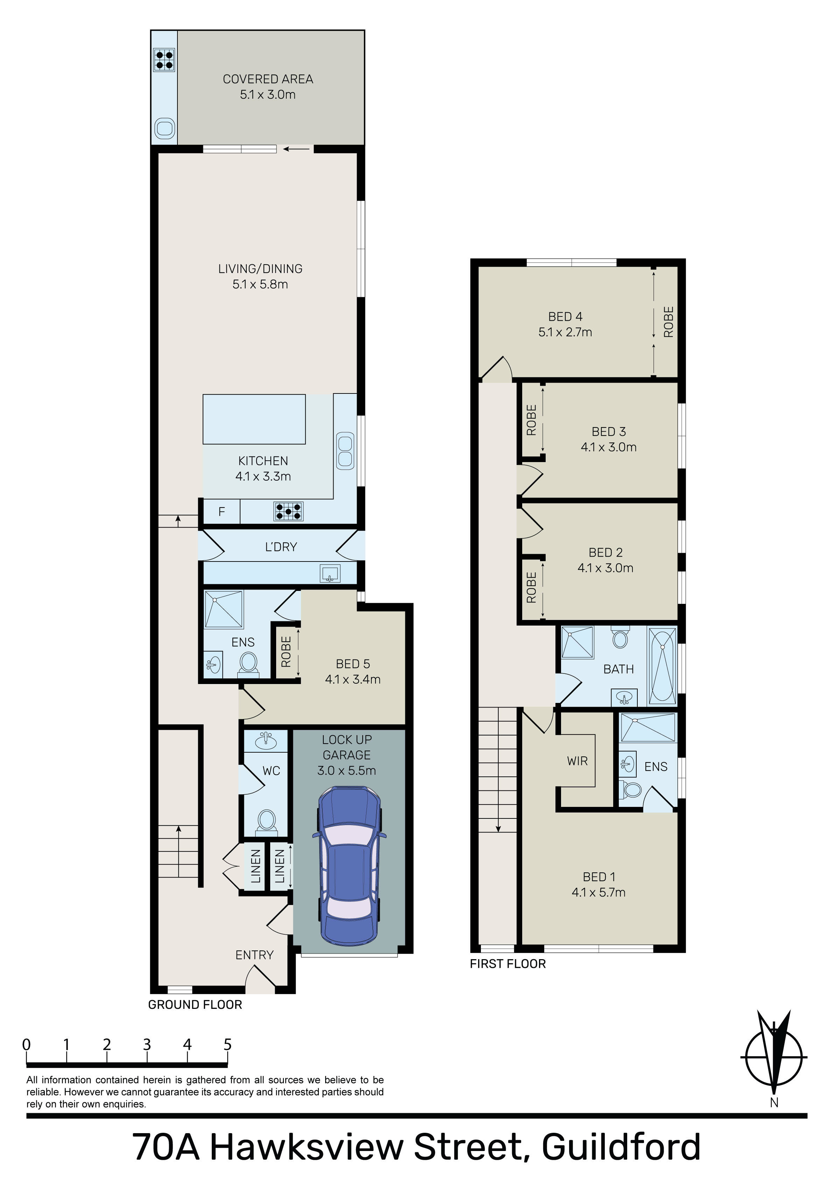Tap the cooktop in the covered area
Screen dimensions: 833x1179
pyautogui.click(x=164, y=59)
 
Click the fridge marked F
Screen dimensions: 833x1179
pyautogui.click(x=221, y=511)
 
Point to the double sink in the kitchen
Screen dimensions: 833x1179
pyautogui.click(x=345, y=451)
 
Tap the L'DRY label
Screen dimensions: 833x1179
pyautogui.click(x=281, y=547)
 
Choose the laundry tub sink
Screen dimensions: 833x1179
pyautogui.click(x=330, y=573)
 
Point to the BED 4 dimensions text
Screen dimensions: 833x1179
pyautogui.click(x=565, y=332)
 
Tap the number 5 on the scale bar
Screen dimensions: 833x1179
pyautogui.click(x=227, y=1045)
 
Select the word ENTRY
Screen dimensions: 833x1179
pyautogui.click(x=254, y=955)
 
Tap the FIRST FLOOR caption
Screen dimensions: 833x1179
pyautogui.click(x=507, y=964)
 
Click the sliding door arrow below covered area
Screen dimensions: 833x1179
pyautogui.click(x=297, y=149)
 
